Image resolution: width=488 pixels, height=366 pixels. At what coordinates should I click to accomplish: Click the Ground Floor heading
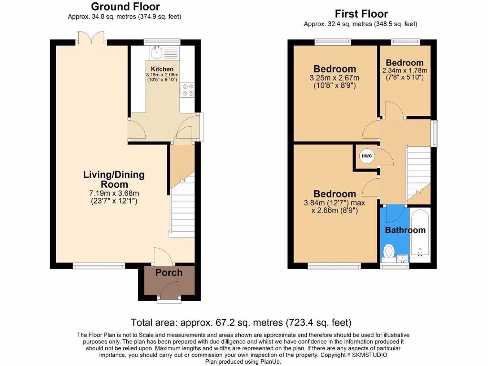[x=125, y=7]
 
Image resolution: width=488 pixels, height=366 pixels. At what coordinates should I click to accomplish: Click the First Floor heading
[x=361, y=14]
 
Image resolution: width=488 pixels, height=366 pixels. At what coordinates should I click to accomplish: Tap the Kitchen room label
[x=162, y=69]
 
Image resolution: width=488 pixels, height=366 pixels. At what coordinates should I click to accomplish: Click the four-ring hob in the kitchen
[x=187, y=91]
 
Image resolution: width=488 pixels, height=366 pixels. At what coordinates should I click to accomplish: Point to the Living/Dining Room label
[x=114, y=179]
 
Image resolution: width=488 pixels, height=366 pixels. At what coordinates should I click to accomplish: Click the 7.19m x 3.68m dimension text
[x=114, y=193]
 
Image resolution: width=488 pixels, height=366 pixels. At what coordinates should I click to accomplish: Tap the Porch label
[x=169, y=273]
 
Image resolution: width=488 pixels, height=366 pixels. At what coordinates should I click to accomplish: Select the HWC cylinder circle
[x=366, y=156]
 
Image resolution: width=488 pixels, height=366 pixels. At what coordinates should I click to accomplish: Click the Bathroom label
[x=405, y=230]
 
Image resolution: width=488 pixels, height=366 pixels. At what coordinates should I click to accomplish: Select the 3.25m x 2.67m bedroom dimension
[x=335, y=78]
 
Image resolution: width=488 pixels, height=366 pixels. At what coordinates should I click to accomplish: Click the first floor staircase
[x=418, y=172]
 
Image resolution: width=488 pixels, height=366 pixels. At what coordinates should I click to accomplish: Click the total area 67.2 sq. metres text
[x=241, y=322]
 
